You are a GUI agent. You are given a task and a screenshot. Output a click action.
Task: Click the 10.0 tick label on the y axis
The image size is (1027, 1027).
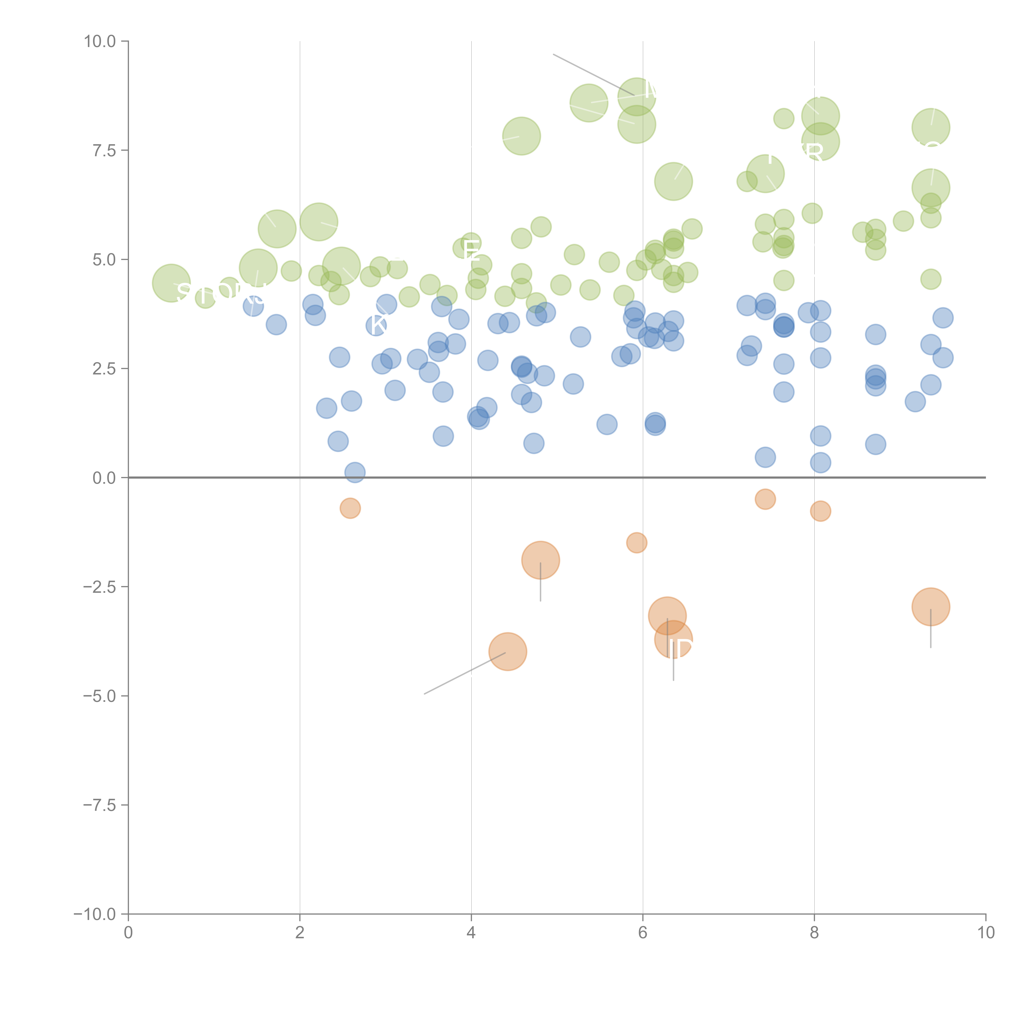(x=100, y=41)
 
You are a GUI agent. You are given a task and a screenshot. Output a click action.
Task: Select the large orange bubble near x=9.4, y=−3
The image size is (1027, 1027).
(x=930, y=607)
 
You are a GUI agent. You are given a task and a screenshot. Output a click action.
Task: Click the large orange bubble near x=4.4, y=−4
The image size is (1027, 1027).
(x=508, y=652)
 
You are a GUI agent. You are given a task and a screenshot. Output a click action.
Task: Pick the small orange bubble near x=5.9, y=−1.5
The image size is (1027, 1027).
(x=636, y=543)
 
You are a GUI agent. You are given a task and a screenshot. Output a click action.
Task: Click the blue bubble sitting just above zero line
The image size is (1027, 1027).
(x=355, y=472)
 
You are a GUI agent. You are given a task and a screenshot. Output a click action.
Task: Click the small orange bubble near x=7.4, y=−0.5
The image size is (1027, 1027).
(x=765, y=499)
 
